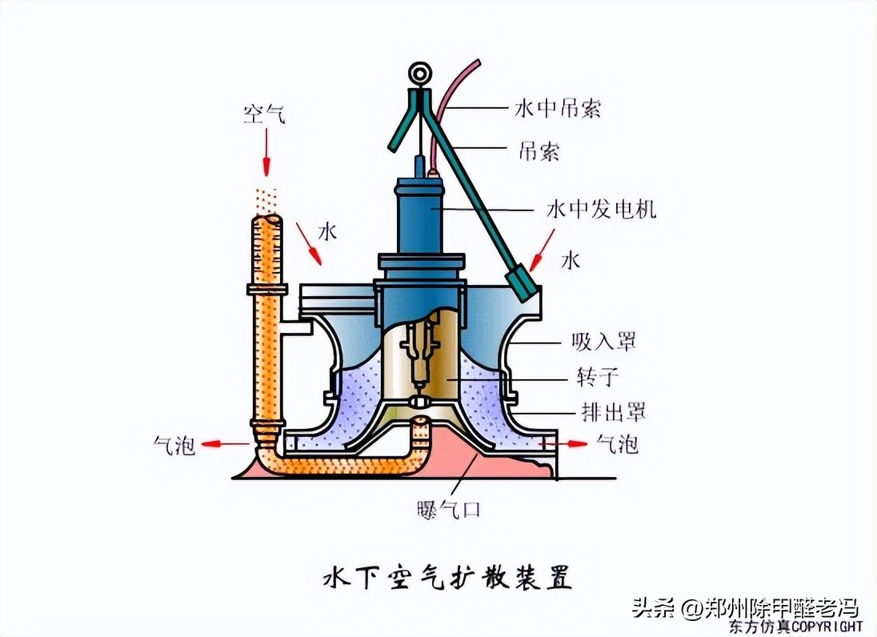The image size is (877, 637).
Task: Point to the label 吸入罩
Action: click(x=604, y=342)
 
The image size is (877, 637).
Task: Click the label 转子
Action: click(x=598, y=376)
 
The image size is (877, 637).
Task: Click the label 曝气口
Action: click(x=449, y=509)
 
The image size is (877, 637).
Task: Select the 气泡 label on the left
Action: click(x=174, y=444)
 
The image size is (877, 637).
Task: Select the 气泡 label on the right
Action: click(x=617, y=444)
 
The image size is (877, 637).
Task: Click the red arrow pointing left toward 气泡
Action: click(x=226, y=443)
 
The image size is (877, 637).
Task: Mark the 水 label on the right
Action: click(x=569, y=260)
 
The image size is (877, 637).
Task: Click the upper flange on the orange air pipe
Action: click(x=266, y=288)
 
